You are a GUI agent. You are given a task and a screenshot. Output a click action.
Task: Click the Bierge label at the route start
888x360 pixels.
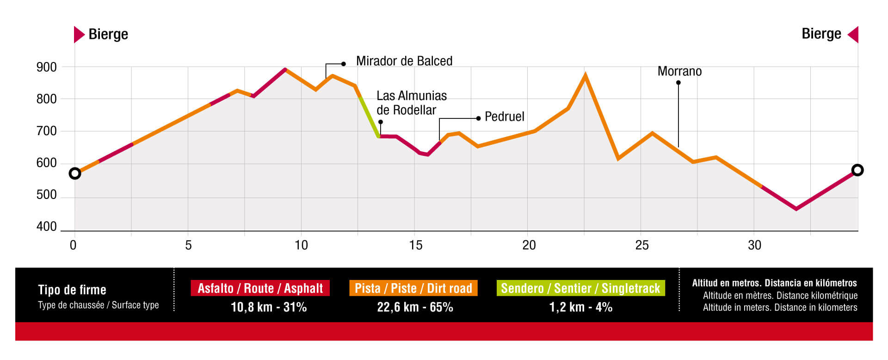pos(108,34)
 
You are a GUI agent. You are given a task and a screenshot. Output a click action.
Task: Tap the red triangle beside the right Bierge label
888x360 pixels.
pos(853,35)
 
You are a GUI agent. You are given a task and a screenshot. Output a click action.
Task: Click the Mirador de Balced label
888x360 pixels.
pos(404,61)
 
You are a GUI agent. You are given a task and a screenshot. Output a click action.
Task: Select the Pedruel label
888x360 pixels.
pos(504,117)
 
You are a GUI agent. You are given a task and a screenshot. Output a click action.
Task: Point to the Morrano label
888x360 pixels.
pos(679,71)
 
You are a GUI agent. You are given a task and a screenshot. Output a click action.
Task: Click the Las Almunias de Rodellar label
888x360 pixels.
pos(411,103)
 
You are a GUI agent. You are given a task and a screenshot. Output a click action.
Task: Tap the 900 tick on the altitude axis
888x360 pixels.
pos(46,67)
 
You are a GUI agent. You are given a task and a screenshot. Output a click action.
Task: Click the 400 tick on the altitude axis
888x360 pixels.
pos(46,227)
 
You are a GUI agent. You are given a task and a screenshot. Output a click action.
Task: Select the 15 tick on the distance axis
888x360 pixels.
pos(415,245)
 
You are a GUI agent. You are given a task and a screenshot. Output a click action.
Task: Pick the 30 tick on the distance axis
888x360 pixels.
pos(754,245)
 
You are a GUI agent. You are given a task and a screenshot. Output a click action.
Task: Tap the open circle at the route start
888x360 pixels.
pos(75,174)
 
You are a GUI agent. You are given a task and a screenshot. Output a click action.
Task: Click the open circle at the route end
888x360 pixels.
pos(857,170)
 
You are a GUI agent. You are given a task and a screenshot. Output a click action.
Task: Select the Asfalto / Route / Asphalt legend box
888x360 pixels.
pos(260,288)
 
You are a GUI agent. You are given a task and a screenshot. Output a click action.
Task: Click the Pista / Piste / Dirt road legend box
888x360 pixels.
pos(413,288)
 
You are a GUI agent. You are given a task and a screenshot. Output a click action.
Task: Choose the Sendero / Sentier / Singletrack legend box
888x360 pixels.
pos(580,288)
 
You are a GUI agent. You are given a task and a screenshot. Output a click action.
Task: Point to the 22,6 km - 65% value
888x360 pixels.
pos(415,307)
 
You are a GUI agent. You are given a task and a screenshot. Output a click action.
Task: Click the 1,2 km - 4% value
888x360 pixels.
pos(580,307)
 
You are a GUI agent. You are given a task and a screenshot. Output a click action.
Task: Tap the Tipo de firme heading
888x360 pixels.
pos(72,290)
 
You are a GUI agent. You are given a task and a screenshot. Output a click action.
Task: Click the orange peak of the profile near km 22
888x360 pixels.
pos(585,75)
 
